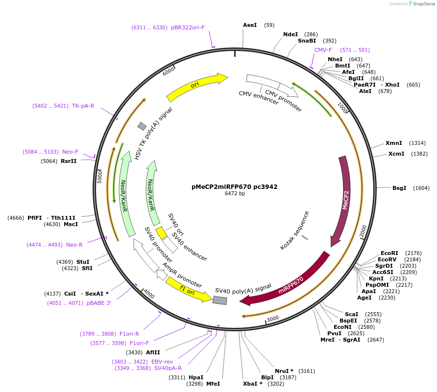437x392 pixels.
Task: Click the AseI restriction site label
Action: tap(250, 25)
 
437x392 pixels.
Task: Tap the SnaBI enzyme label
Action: tap(307, 41)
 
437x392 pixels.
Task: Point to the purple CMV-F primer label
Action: tap(323, 50)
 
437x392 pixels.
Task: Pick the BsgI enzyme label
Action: tap(399, 188)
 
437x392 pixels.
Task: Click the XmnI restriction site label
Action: tap(393, 143)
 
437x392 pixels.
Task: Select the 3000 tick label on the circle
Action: tap(273, 318)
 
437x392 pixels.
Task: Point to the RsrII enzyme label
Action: tap(69, 161)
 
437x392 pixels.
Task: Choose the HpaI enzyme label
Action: tap(196, 377)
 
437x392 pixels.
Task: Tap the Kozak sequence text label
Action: tap(294, 231)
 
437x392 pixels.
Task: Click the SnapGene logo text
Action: tap(421, 4)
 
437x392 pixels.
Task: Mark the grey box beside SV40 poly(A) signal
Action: tap(220, 300)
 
